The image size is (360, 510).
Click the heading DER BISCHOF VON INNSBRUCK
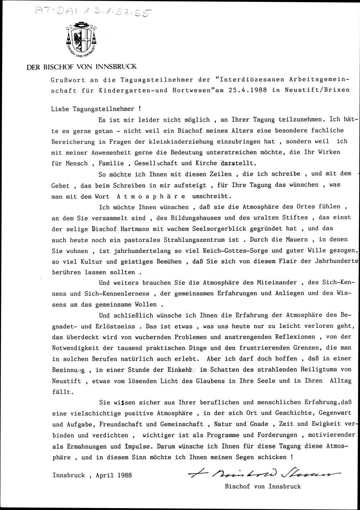point(82,67)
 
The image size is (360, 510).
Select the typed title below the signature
point(262,486)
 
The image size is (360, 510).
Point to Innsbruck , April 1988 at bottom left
point(92,475)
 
